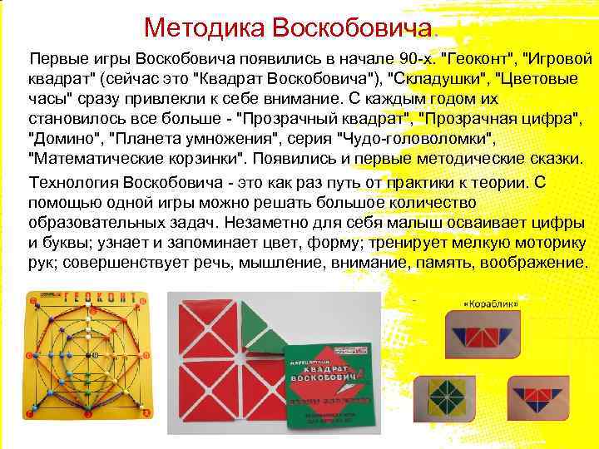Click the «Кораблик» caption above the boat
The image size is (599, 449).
click(491, 304)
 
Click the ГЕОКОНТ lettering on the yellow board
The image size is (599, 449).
click(91, 298)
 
